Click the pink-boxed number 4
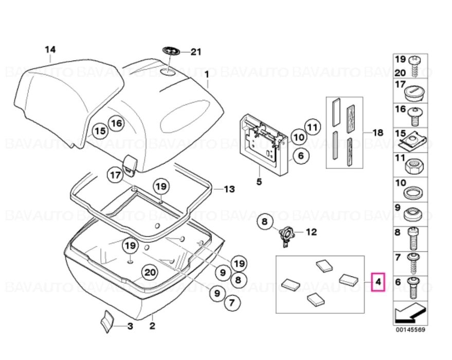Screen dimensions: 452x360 (378, 282)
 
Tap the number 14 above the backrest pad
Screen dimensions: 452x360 (50, 50)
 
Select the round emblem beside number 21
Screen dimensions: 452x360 (171, 51)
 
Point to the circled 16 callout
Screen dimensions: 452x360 (116, 123)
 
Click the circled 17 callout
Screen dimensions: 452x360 (115, 175)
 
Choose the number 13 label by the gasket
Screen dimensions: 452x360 (229, 189)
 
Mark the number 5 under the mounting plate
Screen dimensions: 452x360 (259, 182)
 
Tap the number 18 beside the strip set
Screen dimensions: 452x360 (378, 133)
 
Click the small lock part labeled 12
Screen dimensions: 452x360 (286, 236)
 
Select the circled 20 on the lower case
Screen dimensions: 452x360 (150, 273)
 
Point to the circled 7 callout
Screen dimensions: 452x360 (232, 302)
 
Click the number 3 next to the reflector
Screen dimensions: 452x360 (130, 326)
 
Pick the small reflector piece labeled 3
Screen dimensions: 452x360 (107, 321)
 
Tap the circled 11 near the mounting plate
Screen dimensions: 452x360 (313, 127)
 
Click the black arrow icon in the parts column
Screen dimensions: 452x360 (410, 313)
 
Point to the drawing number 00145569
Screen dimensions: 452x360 (410, 330)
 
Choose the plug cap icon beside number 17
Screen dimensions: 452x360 (414, 92)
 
